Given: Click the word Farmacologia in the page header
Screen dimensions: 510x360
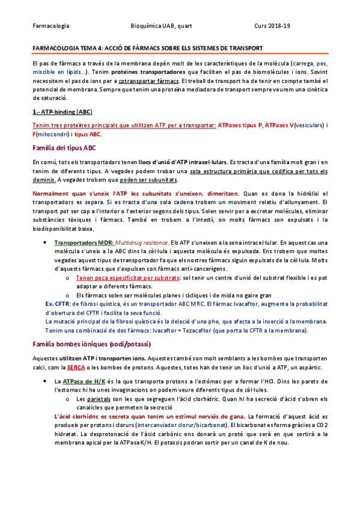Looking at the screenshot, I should pos(51,26).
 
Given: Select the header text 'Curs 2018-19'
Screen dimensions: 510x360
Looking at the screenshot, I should pos(273,26).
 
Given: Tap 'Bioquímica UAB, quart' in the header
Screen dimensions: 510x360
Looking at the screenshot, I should pos(161,26).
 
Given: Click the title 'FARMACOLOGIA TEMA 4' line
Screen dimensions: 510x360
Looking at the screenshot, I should pos(147,48).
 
